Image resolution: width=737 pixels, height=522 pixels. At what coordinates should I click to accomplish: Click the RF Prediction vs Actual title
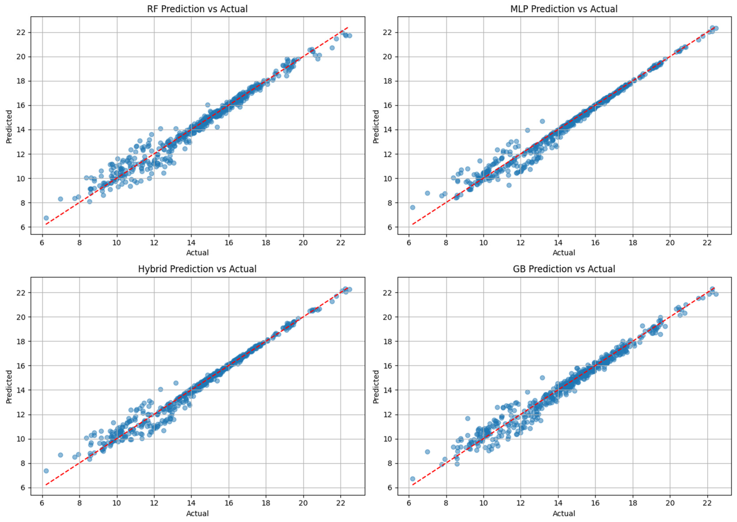[197, 9]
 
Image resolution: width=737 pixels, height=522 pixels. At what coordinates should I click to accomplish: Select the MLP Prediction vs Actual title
[564, 9]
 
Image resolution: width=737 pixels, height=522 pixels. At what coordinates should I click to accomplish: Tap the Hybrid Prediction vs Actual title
[197, 269]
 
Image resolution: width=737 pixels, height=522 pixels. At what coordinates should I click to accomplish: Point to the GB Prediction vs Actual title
[564, 269]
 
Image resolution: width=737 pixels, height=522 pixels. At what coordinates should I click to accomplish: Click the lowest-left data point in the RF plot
[46, 218]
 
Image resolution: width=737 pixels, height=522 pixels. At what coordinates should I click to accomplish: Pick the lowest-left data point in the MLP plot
[413, 207]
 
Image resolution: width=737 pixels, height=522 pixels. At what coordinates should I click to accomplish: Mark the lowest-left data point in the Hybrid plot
[46, 471]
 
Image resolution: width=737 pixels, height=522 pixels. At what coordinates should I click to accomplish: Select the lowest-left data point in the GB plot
[413, 479]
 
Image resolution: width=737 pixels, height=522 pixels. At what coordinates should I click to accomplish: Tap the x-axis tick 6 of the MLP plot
[409, 243]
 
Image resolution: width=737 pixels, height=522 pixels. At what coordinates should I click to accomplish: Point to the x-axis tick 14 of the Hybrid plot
[191, 503]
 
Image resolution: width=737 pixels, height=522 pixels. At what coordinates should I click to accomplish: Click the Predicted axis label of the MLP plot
[376, 127]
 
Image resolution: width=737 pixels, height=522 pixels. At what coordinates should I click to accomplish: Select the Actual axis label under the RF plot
[197, 253]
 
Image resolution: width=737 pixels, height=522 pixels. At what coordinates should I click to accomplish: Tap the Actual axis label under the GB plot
[564, 513]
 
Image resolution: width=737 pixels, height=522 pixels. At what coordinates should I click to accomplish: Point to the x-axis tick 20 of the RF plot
[303, 243]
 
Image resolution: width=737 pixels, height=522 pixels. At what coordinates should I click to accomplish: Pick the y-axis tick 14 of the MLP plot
[388, 130]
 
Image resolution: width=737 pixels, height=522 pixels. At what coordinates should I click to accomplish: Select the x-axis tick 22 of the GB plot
[707, 503]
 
